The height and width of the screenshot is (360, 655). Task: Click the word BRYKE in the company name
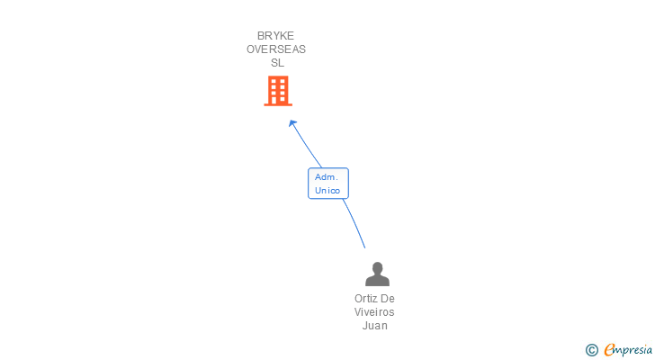point(275,36)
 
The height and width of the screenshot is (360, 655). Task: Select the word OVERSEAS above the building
point(276,49)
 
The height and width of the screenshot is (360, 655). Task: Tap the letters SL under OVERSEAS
point(277,63)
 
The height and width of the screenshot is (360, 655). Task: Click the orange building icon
point(278,90)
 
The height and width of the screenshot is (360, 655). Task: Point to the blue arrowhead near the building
point(292,123)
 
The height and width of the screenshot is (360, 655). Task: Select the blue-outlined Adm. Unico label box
point(327,184)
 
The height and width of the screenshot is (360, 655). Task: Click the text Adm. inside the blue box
point(326,177)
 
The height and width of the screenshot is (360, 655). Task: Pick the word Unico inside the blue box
point(327,191)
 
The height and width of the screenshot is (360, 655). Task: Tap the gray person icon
point(377,274)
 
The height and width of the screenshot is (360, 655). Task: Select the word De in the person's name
point(388,299)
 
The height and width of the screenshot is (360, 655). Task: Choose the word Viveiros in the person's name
point(374,312)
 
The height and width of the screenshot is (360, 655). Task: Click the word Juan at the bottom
point(374,326)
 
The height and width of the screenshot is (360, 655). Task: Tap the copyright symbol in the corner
point(592,350)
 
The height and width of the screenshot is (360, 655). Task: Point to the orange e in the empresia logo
point(609,350)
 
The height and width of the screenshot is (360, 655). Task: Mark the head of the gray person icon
point(377,267)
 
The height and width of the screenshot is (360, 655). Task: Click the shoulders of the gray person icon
point(377,280)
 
